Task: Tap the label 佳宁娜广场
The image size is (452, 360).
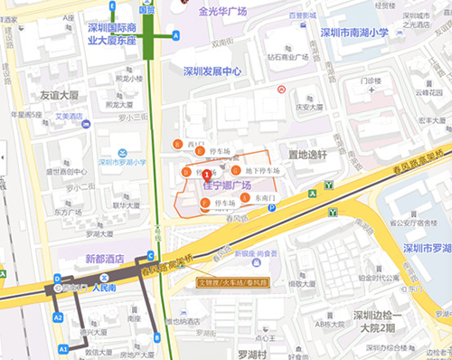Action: [226, 185]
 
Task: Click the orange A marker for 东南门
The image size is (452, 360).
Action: [244, 196]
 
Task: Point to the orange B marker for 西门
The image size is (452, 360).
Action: [176, 145]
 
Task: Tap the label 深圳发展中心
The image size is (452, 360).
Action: [212, 71]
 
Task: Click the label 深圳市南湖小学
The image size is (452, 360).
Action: [353, 33]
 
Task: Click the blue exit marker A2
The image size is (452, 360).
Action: [58, 317]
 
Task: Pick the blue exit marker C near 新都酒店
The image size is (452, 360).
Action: [149, 256]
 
